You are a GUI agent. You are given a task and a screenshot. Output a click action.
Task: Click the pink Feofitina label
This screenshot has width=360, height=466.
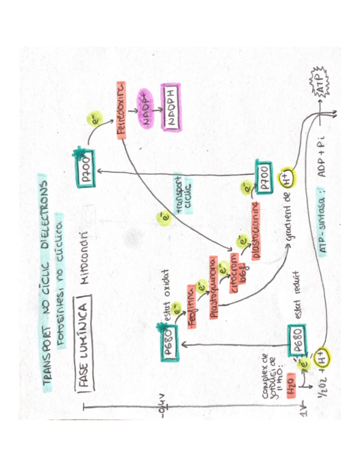pos(192,308)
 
